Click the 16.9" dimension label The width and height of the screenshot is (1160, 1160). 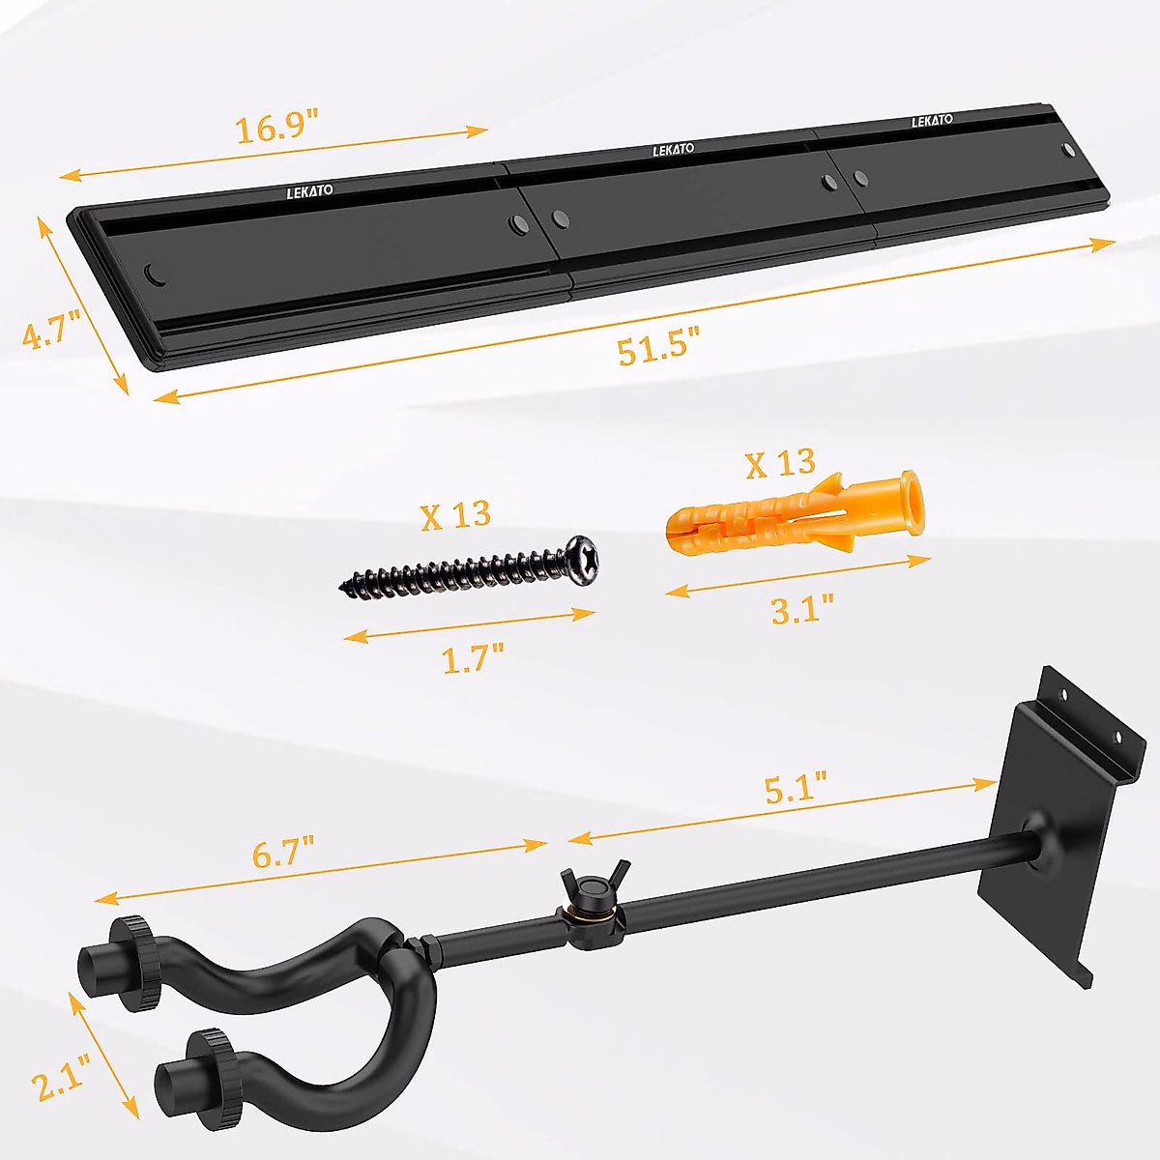tap(277, 126)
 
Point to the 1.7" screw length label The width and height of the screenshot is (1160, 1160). tap(473, 659)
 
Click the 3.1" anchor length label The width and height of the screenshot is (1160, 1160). tap(802, 609)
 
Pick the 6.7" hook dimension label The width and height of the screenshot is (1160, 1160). tap(284, 853)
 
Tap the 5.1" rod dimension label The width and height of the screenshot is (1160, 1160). tap(796, 787)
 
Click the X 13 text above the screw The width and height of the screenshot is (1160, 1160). tap(455, 514)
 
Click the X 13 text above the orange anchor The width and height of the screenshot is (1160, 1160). tap(780, 464)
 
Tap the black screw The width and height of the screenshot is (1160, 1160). tap(464, 571)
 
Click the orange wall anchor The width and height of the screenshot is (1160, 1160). tap(793, 517)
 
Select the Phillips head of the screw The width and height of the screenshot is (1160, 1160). tap(583, 560)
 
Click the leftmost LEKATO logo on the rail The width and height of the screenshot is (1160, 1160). tap(309, 191)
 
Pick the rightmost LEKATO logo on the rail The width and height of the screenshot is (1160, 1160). tap(932, 121)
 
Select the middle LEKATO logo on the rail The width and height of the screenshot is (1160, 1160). tap(673, 150)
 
